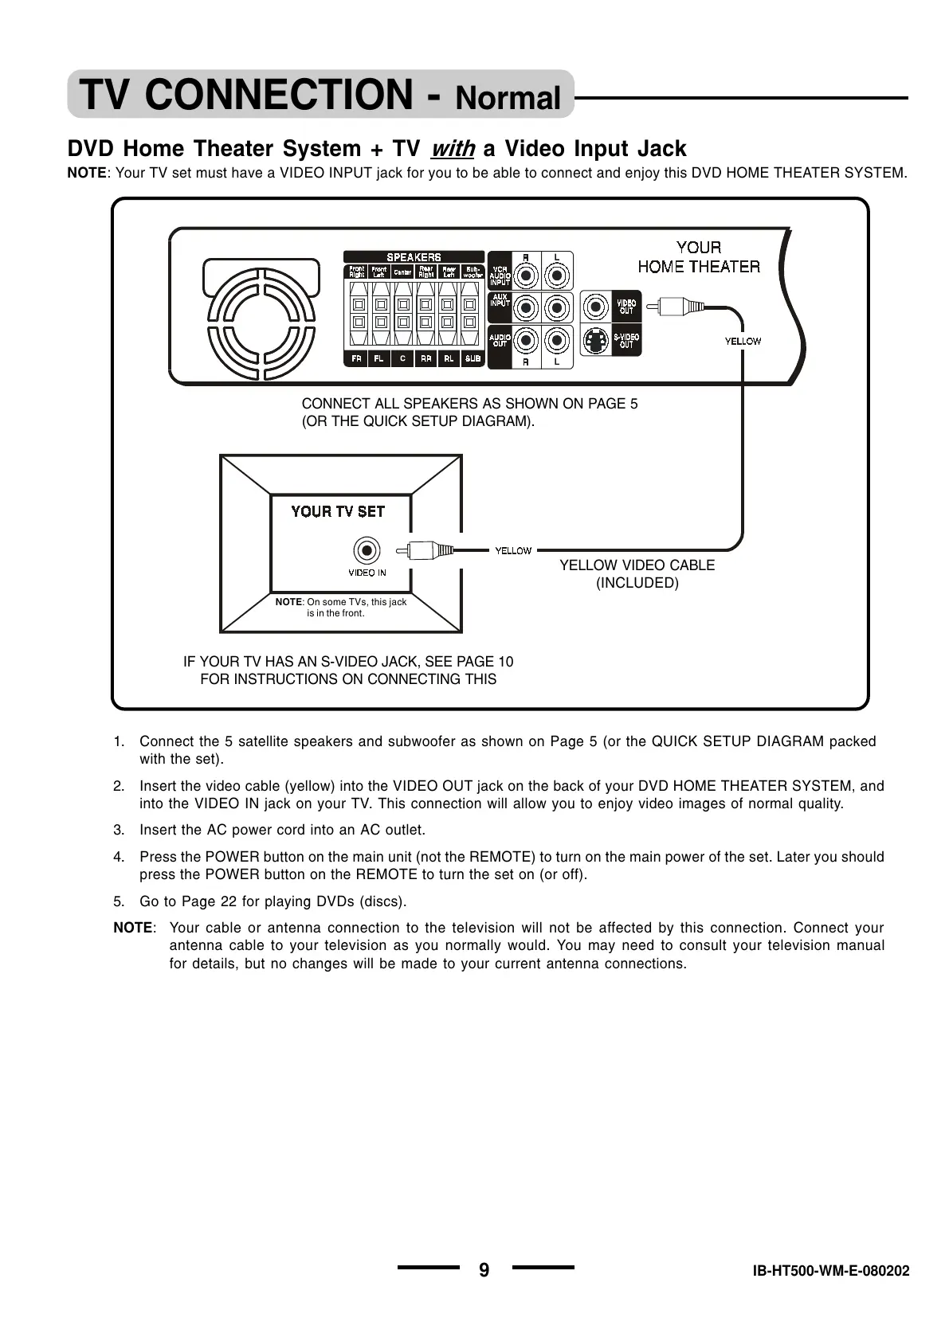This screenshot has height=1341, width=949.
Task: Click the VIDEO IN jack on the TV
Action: [x=367, y=550]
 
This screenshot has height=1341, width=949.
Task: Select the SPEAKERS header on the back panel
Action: [x=414, y=257]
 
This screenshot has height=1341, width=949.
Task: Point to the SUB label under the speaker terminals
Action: [x=473, y=359]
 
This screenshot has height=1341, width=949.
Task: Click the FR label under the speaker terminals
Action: [x=356, y=359]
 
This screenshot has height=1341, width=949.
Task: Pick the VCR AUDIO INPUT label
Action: [x=500, y=276]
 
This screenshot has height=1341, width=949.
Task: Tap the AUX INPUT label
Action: [x=500, y=300]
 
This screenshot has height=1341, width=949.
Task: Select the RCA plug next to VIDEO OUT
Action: [x=678, y=306]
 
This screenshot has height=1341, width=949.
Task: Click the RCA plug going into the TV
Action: [x=426, y=550]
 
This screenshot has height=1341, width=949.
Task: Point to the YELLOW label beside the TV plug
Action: [x=513, y=551]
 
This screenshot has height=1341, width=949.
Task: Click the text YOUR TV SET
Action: [x=338, y=512]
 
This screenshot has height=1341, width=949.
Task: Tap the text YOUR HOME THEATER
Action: [x=699, y=257]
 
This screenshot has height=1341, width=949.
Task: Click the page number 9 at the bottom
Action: [x=484, y=1270]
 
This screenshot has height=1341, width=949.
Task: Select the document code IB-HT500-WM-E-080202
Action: [x=830, y=1272]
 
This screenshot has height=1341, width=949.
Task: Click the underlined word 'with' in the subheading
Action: [x=452, y=149]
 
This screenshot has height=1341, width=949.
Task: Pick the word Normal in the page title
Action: [x=508, y=98]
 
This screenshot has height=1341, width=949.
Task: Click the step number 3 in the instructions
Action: [x=119, y=830]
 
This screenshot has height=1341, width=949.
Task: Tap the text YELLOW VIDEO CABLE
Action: [x=637, y=565]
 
